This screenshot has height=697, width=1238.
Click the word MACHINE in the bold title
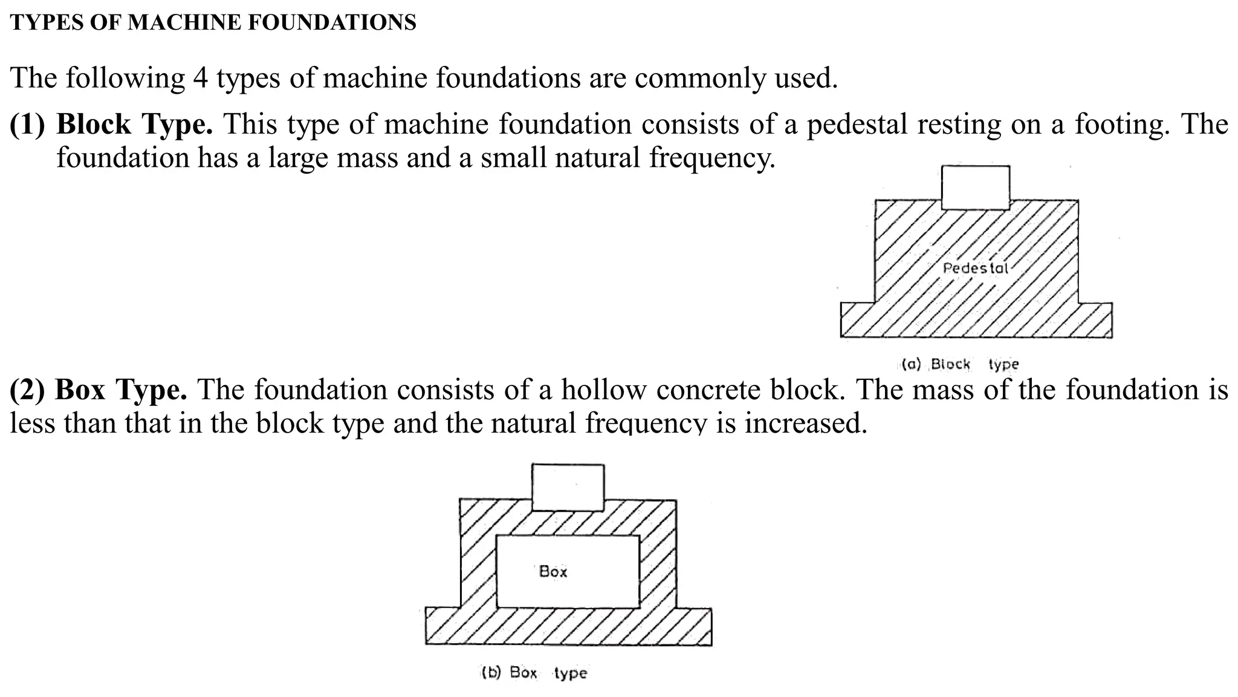tap(184, 22)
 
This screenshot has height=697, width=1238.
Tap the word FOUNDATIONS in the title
tap(332, 22)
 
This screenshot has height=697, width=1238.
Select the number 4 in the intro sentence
tap(200, 78)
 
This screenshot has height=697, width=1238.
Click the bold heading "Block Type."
tap(134, 124)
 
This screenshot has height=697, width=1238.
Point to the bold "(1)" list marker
tap(28, 124)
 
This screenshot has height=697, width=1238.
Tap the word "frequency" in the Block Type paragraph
tap(711, 158)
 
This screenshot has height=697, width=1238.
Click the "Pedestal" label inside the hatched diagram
tap(975, 267)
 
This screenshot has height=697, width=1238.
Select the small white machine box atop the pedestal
tap(976, 187)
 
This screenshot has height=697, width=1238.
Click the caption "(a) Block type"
tap(960, 364)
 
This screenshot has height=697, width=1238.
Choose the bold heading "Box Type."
tap(121, 390)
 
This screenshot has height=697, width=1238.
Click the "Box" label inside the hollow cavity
tap(553, 571)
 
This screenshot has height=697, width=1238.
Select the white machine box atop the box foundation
tap(568, 487)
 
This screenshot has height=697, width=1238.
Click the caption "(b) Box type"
tap(534, 673)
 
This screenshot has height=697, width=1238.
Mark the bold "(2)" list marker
tap(27, 390)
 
